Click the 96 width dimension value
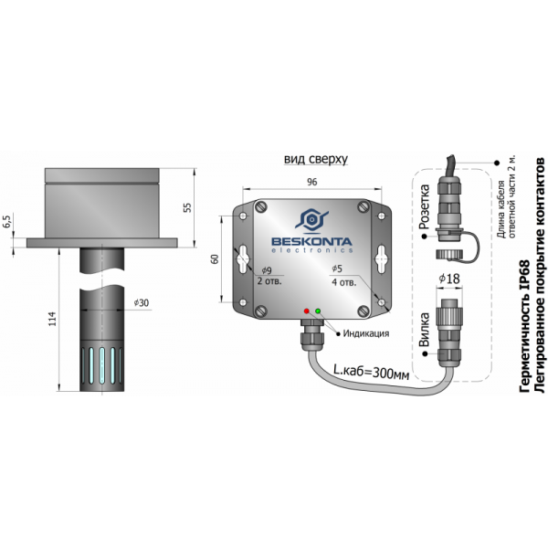pyautogui.click(x=311, y=182)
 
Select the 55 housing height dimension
pyautogui.click(x=188, y=207)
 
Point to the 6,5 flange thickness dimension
pyautogui.click(x=7, y=221)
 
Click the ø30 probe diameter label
pyautogui.click(x=141, y=303)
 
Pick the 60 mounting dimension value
pyautogui.click(x=215, y=258)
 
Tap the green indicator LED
pyautogui.click(x=317, y=312)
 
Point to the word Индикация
pyautogui.click(x=368, y=333)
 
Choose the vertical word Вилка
pyautogui.click(x=424, y=330)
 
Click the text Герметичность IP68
pyautogui.click(x=523, y=324)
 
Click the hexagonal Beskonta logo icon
pyautogui.click(x=312, y=219)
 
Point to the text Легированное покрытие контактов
pyautogui.click(x=539, y=274)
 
